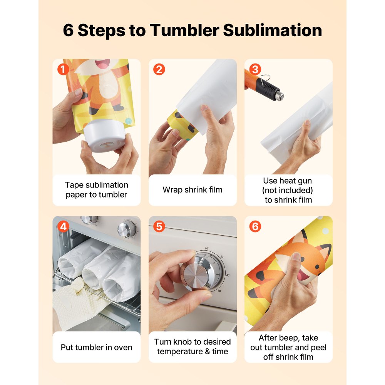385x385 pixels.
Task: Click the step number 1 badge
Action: pos(63,70)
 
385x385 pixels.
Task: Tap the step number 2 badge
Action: pos(159,70)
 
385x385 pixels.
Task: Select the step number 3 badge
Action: pos(254,70)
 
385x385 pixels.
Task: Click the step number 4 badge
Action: pos(63,227)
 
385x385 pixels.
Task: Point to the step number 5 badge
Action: pos(159,227)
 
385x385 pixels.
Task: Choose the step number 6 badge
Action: pos(254,227)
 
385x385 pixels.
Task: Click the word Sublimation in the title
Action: pos(272,30)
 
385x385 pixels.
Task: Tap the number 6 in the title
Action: pos(68,30)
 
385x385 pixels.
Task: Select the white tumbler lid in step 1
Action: pos(102,138)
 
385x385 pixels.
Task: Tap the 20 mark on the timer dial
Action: pos(206,248)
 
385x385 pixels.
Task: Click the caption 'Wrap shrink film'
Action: pos(192,190)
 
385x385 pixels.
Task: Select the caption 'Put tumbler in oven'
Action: pos(96,347)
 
